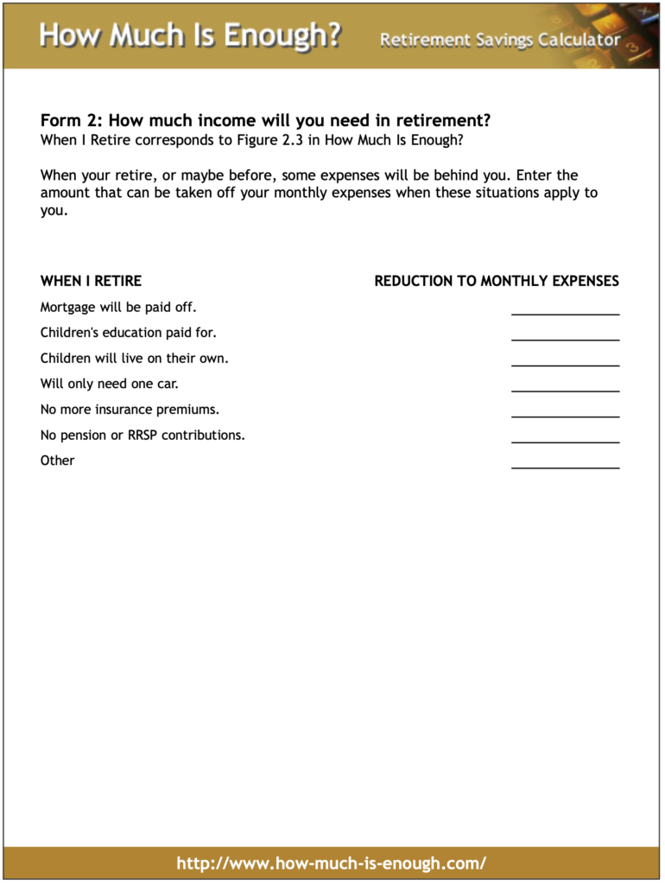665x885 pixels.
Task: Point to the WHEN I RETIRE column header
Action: click(91, 281)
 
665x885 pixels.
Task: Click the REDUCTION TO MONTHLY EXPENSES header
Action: click(497, 281)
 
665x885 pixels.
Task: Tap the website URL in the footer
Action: click(332, 863)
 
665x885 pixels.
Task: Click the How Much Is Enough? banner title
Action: click(190, 36)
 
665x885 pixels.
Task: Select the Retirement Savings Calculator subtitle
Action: click(500, 40)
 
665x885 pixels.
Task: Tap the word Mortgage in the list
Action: click(67, 307)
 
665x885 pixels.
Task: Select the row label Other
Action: click(57, 461)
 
